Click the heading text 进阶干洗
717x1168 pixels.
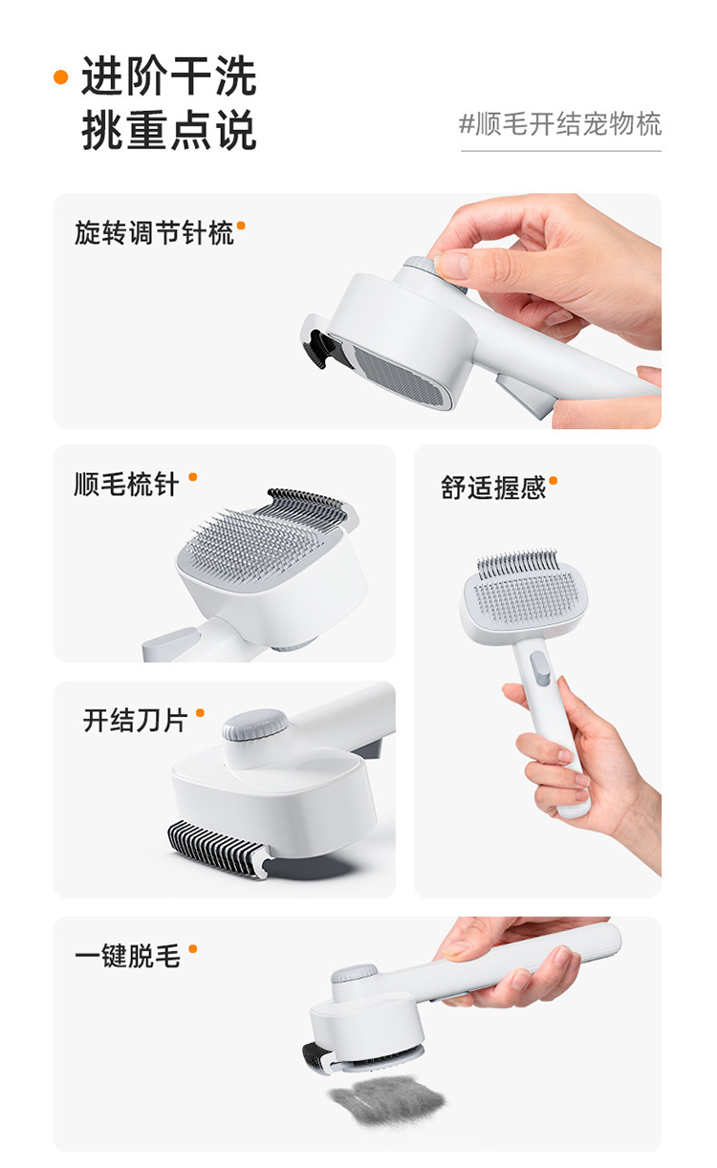168,77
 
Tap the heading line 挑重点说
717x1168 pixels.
168,131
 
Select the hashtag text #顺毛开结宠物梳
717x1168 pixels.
560,124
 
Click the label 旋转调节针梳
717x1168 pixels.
154,232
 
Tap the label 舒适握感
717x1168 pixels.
492,487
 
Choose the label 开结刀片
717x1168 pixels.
135,720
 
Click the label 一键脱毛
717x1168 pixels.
127,956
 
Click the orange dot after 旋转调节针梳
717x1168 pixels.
241,226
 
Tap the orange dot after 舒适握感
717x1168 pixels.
553,481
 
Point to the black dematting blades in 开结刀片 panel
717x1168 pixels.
218,846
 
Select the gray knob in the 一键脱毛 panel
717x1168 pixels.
354,976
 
